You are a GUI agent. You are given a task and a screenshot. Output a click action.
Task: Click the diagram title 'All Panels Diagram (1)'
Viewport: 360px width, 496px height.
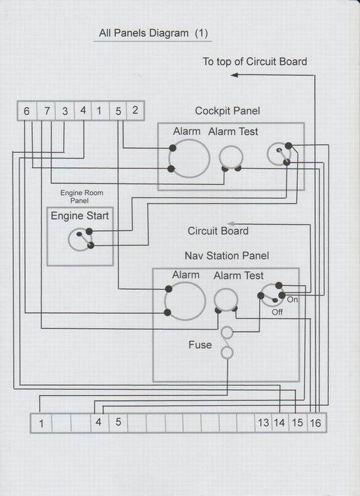pos(153,33)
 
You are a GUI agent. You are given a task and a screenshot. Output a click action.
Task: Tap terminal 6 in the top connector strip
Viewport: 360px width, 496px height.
pos(27,111)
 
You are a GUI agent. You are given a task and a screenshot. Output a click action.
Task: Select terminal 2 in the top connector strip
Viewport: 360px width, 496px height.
pos(135,111)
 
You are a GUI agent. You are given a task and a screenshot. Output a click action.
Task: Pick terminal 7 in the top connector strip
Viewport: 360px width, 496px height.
pos(47,111)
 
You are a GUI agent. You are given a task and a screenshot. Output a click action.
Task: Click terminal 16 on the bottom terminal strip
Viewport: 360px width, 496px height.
pos(316,423)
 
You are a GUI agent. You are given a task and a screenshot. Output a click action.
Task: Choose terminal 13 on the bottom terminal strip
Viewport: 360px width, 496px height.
pos(263,423)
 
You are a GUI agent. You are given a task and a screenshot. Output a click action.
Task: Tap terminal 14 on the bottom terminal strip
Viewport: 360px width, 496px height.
pos(280,423)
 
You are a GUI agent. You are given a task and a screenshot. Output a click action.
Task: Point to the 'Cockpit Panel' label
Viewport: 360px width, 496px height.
pos(227,111)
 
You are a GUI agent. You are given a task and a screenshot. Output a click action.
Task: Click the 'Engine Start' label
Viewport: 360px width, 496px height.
pos(80,216)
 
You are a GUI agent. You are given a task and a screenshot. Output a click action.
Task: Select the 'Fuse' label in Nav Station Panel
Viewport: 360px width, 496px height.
pos(200,344)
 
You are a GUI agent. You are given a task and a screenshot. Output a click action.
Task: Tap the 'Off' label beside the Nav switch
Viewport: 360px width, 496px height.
pos(278,312)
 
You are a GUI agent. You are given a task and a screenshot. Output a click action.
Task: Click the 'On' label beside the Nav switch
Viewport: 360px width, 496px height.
pos(292,299)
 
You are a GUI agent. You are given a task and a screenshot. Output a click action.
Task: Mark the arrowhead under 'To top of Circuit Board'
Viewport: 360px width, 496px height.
pos(234,75)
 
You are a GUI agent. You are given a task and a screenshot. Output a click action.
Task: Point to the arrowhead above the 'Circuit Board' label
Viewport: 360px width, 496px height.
pos(231,224)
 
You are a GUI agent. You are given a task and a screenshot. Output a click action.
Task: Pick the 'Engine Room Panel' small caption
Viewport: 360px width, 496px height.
pos(81,196)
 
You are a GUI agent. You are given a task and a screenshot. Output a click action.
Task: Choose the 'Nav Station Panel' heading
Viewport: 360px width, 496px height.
pos(227,256)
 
